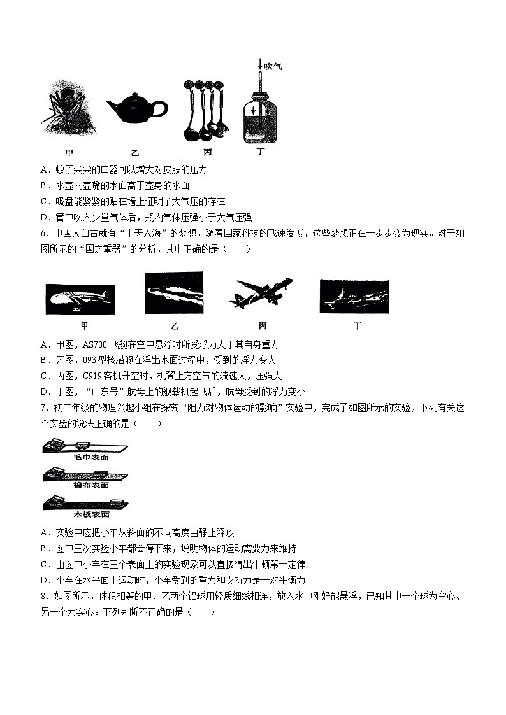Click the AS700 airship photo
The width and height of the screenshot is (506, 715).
click(x=80, y=299)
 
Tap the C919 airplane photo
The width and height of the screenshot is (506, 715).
click(x=261, y=294)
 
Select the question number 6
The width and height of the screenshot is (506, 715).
click(x=43, y=233)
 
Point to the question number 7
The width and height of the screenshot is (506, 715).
click(x=43, y=407)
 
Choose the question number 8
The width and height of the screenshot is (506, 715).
click(x=43, y=597)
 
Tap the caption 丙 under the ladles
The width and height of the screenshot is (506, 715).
click(x=208, y=152)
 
